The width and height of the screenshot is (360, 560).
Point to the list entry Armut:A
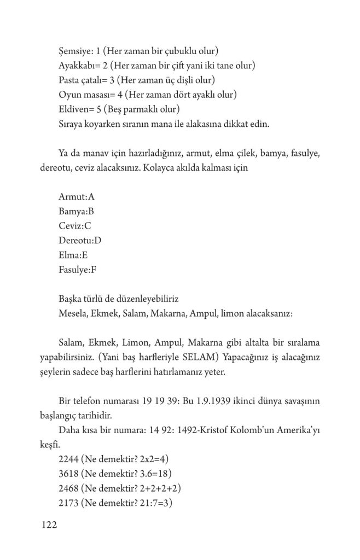coord(76,197)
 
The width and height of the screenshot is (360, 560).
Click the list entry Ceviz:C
coord(74,226)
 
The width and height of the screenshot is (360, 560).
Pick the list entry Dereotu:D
coord(80,240)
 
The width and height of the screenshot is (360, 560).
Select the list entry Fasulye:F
coord(78,269)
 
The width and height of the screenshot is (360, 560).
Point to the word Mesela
coord(72,313)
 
